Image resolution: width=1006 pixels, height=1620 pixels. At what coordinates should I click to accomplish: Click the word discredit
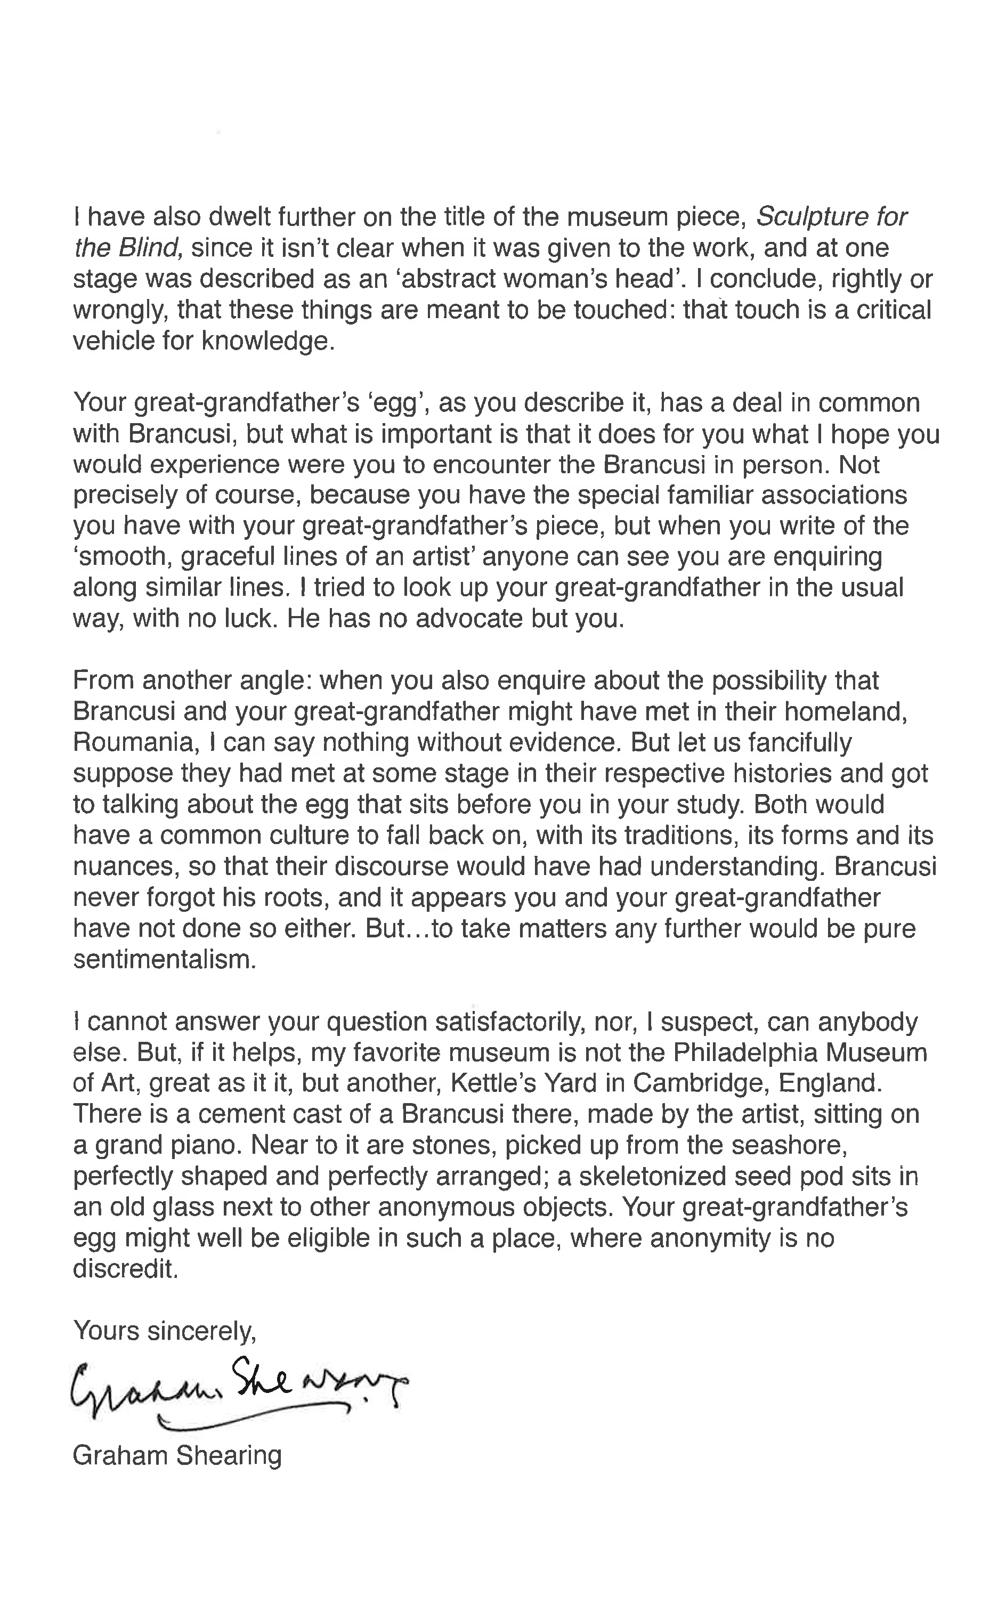point(126,1270)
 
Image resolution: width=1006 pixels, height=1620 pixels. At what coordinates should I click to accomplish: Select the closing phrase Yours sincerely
point(164,1331)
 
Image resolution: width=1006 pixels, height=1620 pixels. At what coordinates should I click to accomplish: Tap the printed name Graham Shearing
point(177,1455)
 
